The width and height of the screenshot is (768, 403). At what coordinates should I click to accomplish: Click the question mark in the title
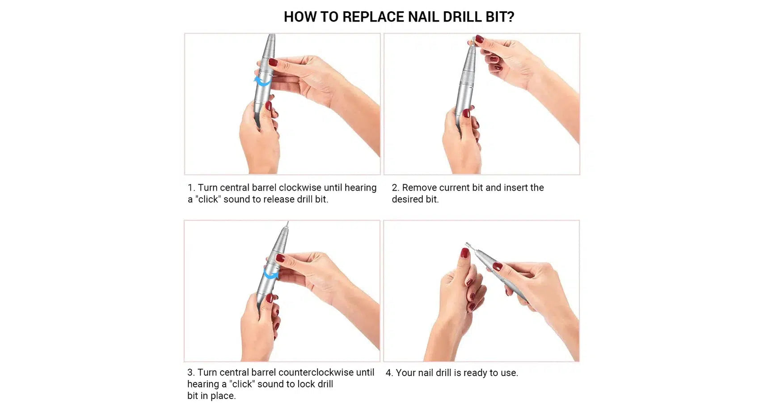(x=511, y=17)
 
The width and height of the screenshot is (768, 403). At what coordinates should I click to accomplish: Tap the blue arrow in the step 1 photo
(x=262, y=81)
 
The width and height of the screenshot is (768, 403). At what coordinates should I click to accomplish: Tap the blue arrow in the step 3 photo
(x=270, y=273)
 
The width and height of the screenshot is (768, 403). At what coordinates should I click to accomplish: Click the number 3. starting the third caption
(x=191, y=373)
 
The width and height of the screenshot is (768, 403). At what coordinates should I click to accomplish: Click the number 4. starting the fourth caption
(x=389, y=373)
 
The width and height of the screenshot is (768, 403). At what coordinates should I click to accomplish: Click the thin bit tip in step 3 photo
(x=288, y=223)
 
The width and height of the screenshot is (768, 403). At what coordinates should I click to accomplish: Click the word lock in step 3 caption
(x=306, y=384)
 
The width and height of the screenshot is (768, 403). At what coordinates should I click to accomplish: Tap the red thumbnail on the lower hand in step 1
(x=269, y=106)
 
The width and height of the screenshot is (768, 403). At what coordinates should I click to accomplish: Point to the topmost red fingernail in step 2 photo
(x=479, y=39)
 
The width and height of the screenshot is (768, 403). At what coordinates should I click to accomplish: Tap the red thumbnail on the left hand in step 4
(x=465, y=253)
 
